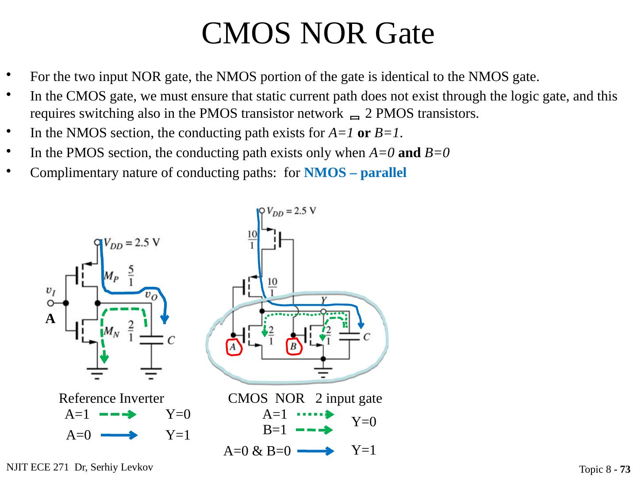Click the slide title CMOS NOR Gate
[318, 33]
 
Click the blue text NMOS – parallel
[355, 173]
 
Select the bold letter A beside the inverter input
[50, 319]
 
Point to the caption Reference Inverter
[111, 399]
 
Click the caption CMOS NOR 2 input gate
[305, 399]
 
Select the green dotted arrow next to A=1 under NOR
[315, 415]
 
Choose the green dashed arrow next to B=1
[315, 430]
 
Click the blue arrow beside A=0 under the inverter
[119, 436]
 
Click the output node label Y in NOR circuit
[324, 300]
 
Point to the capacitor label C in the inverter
[171, 340]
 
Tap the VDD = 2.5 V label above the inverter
[132, 243]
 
